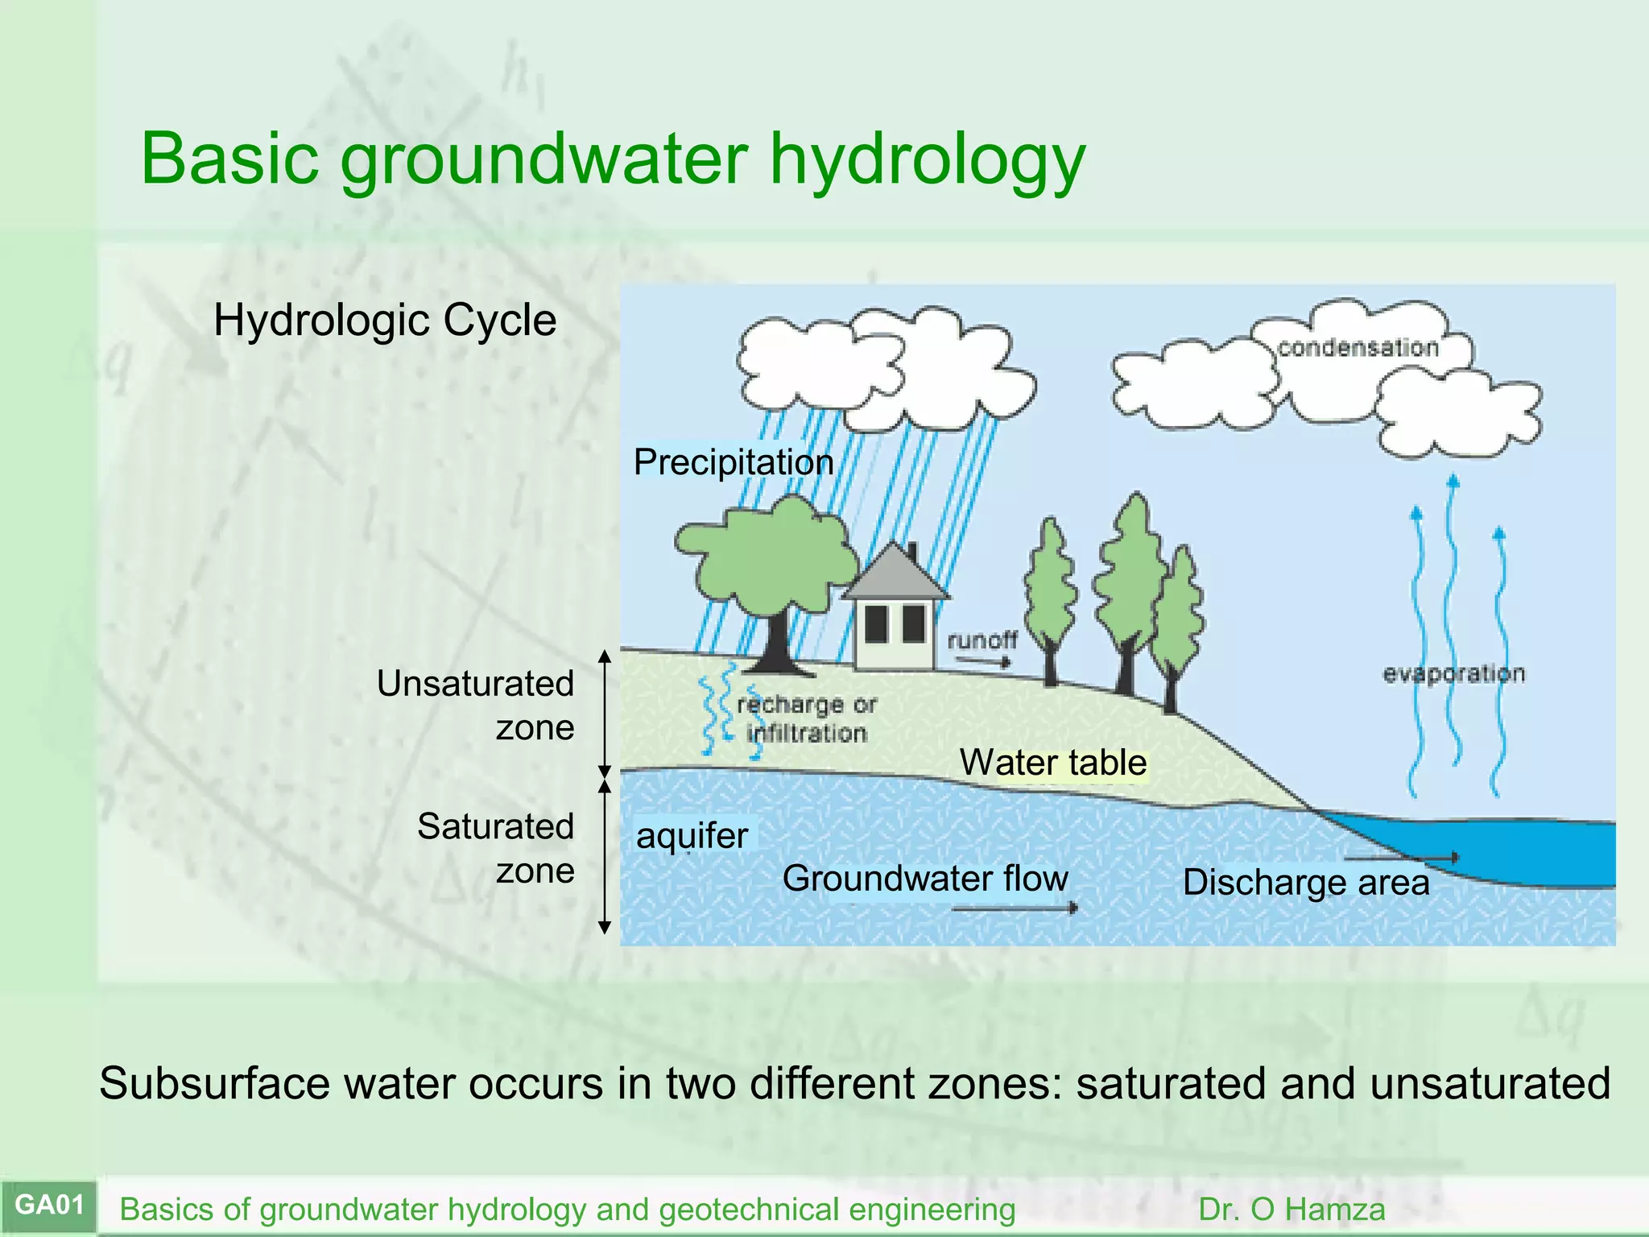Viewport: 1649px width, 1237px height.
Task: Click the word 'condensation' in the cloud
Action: pos(1358,348)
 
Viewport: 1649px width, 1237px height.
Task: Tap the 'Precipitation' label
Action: pos(733,462)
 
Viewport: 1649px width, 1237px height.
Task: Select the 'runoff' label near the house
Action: pos(982,640)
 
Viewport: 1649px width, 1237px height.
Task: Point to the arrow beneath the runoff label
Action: pos(982,662)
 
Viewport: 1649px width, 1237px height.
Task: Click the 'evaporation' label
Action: pos(1453,673)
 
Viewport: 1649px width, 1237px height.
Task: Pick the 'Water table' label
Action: pos(1052,762)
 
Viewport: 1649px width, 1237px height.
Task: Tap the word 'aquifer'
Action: pos(692,835)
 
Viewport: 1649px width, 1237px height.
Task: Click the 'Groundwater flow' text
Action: pos(925,878)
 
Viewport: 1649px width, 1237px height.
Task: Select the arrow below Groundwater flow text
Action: pos(1015,908)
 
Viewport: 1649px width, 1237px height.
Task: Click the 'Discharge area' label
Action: pos(1305,882)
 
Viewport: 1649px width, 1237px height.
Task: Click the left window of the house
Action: pos(876,624)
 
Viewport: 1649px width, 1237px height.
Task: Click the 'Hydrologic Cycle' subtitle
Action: pos(385,321)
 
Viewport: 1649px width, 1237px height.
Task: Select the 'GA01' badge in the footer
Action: pos(49,1205)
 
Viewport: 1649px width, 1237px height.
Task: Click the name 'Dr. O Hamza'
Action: pos(1292,1210)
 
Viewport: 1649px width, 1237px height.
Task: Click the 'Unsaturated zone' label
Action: pos(475,705)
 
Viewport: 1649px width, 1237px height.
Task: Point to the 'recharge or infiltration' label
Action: pos(806,719)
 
